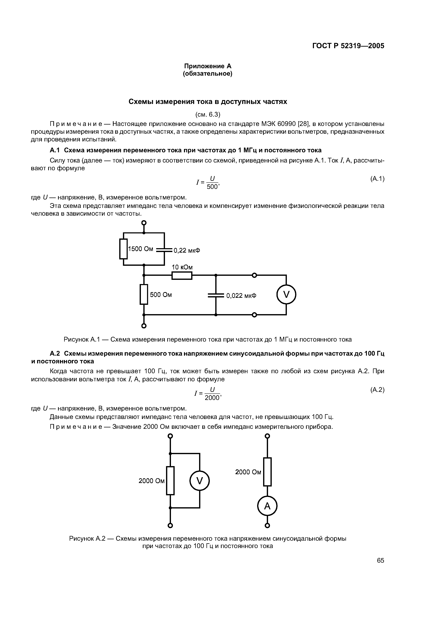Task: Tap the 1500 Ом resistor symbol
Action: (123, 249)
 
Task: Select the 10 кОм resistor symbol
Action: (182, 275)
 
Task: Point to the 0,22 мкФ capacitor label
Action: (187, 250)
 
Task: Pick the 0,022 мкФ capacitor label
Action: (241, 296)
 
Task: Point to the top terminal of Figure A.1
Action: (144, 223)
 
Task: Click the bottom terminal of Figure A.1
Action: (144, 326)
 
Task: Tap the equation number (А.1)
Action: (377, 179)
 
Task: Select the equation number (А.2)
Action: (377, 390)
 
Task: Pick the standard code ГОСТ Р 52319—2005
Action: (348, 46)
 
